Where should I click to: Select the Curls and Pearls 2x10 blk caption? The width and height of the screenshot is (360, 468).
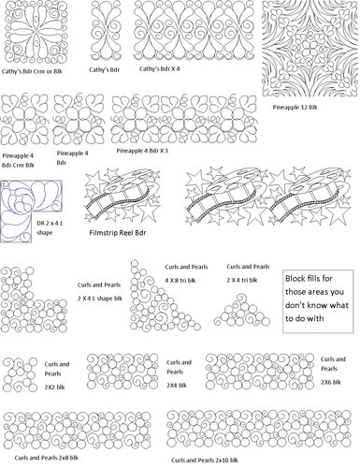204,460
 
